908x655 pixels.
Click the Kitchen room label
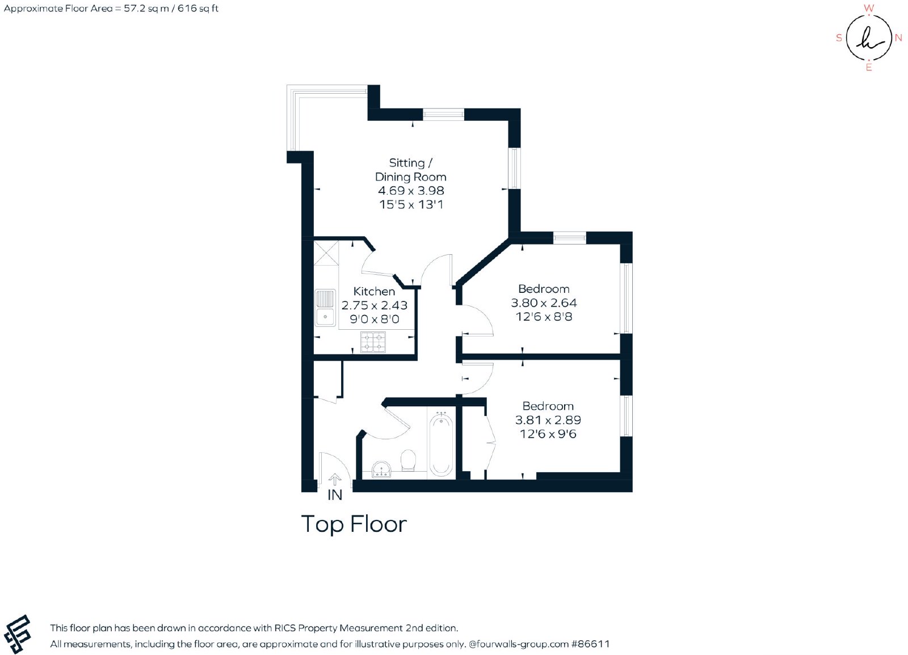[x=374, y=291]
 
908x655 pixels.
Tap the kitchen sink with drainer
[x=325, y=308]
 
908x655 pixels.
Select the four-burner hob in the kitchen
[x=373, y=342]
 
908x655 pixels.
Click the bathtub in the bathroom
[x=441, y=444]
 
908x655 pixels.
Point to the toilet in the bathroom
[x=408, y=461]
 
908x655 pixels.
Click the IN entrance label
[x=335, y=495]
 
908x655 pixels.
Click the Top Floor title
[x=354, y=524]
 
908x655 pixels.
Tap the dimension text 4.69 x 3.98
[x=411, y=191]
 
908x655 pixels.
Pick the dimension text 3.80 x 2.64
[x=544, y=303]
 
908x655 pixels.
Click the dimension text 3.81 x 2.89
[x=548, y=420]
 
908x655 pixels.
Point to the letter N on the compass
[x=898, y=37]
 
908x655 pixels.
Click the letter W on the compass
[x=869, y=8]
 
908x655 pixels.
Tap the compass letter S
[x=839, y=37]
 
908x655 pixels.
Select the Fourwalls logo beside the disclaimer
[x=17, y=634]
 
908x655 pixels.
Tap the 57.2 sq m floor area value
[x=146, y=9]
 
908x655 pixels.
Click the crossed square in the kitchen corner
[x=326, y=253]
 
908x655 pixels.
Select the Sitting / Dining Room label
[x=411, y=170]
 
